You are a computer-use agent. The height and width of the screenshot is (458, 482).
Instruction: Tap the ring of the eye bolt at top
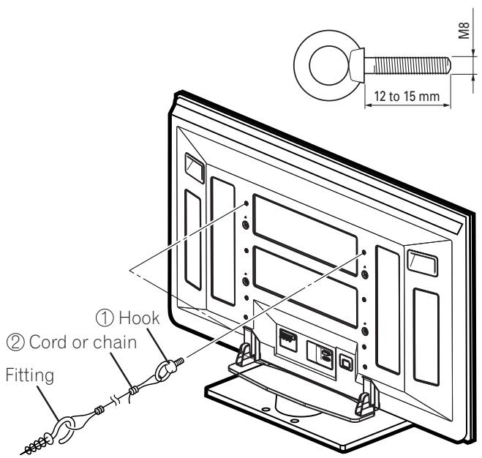coord(325,64)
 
